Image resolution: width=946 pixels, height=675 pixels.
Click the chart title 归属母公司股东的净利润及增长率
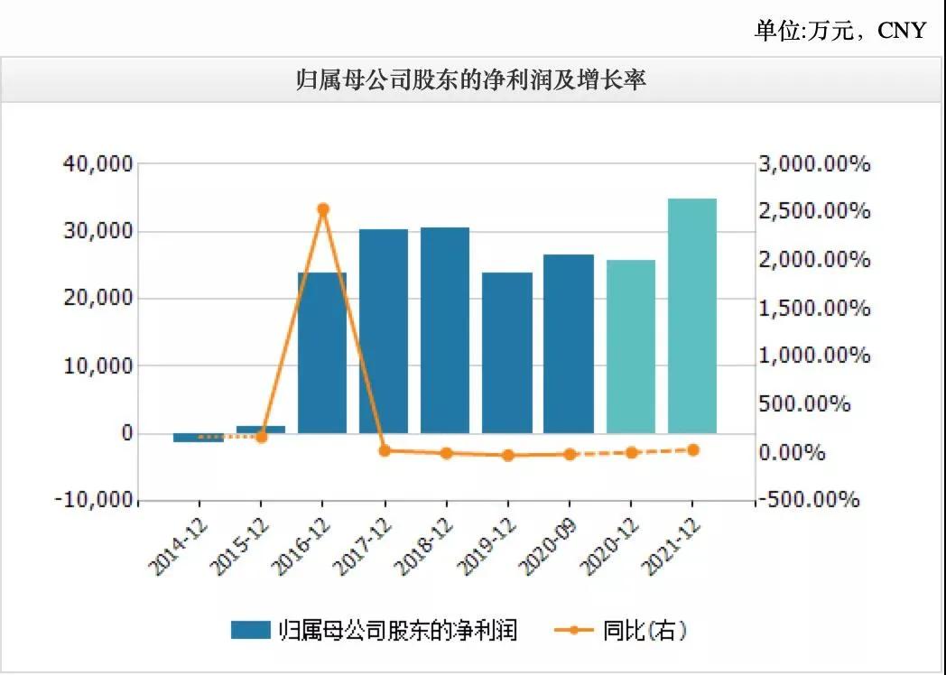click(472, 81)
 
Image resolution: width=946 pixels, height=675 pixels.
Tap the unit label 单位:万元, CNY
click(839, 30)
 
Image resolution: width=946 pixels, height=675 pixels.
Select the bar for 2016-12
click(322, 352)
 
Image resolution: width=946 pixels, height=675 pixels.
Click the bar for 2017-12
click(384, 331)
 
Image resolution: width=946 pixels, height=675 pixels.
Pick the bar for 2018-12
click(445, 330)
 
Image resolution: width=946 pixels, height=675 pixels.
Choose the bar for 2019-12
click(507, 352)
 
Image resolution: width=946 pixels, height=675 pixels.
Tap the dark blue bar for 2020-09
click(569, 343)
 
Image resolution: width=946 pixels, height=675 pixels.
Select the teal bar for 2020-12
click(631, 347)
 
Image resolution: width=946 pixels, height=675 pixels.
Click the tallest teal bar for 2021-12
click(692, 316)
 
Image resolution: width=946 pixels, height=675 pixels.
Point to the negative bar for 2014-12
click(199, 438)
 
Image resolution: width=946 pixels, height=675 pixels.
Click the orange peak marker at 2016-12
click(323, 209)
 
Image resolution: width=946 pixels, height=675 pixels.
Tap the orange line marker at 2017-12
click(385, 450)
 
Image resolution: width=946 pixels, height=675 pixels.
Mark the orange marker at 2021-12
click(693, 449)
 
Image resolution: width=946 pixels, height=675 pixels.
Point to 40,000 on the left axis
click(97, 164)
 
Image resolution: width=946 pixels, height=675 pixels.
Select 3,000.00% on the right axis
click(814, 164)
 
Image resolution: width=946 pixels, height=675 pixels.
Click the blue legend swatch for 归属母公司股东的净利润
click(251, 630)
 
